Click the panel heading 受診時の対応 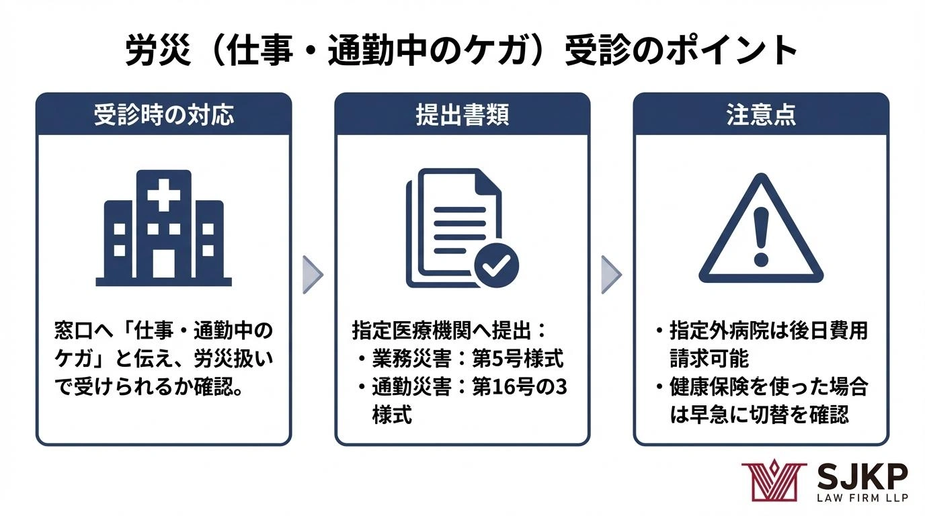(x=164, y=114)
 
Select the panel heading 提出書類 (x=462, y=114)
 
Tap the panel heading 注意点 (x=761, y=114)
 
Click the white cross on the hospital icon (x=163, y=196)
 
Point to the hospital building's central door (x=163, y=263)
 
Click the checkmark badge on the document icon (x=496, y=265)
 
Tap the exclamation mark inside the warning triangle (x=761, y=236)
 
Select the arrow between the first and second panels (x=313, y=275)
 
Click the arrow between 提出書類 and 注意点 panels (x=611, y=275)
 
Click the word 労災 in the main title (x=158, y=50)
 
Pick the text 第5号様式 (x=518, y=358)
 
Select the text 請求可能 (x=709, y=358)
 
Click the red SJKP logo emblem (x=774, y=480)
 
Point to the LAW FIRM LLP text (x=862, y=497)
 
